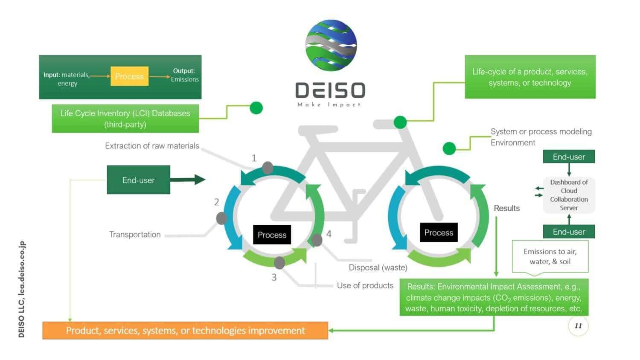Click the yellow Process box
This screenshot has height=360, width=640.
(x=129, y=76)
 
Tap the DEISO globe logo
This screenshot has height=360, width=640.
(x=331, y=45)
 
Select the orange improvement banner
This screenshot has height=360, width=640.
(x=185, y=331)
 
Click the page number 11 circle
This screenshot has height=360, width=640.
(x=578, y=326)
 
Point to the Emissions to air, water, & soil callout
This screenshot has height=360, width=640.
(x=550, y=257)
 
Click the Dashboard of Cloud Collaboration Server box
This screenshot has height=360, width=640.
(x=569, y=195)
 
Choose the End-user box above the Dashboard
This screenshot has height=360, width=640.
(x=569, y=157)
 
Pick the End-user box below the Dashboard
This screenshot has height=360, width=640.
(x=569, y=232)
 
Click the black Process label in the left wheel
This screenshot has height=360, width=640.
(x=272, y=235)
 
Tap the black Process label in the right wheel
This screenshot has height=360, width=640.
(x=439, y=232)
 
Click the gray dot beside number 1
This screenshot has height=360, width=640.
(x=268, y=168)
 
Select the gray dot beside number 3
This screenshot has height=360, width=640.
(x=279, y=263)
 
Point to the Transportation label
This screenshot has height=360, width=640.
(x=135, y=235)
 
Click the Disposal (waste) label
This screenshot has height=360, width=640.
(x=378, y=268)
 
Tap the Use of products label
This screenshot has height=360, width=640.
(x=365, y=285)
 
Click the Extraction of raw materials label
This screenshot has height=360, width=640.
(x=152, y=146)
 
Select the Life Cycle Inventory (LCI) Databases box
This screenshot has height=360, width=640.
(x=125, y=119)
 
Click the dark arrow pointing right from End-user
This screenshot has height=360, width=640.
(x=188, y=180)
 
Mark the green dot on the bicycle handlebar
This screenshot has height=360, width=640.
(x=400, y=122)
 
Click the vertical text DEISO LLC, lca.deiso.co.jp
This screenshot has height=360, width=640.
(x=22, y=289)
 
